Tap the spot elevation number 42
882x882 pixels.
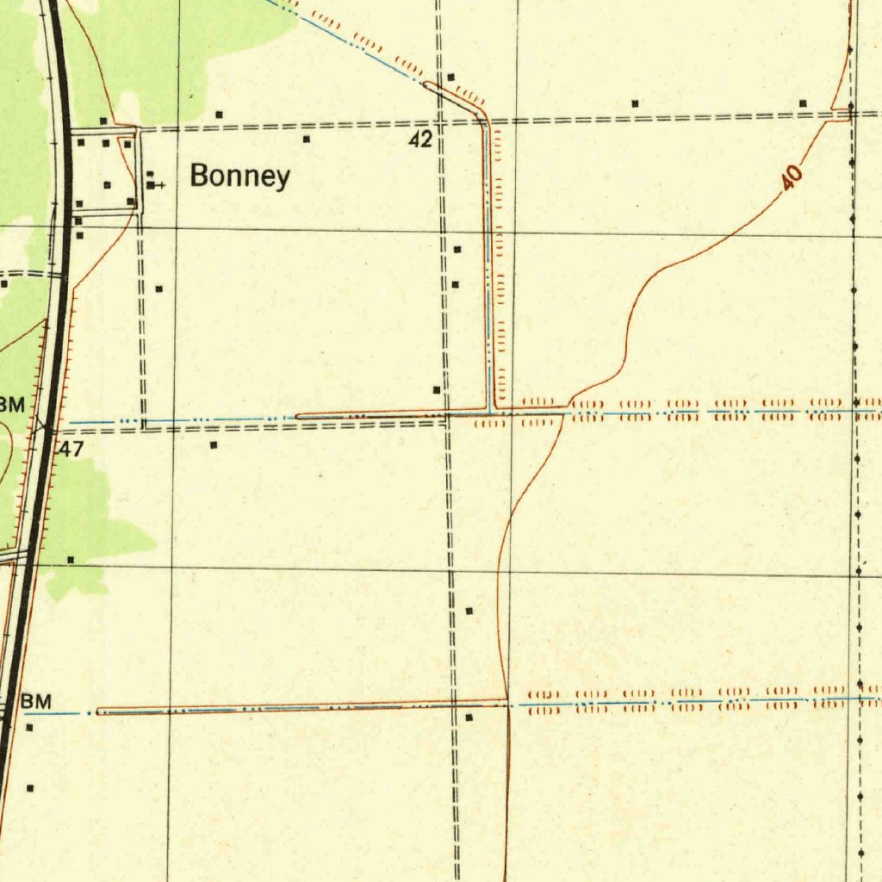click(x=420, y=140)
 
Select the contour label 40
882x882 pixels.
click(x=792, y=177)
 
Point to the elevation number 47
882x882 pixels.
click(x=71, y=449)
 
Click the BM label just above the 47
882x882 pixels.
click(x=12, y=404)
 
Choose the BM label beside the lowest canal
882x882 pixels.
click(x=36, y=702)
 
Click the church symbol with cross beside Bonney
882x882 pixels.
click(x=152, y=184)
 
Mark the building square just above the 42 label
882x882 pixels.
click(x=450, y=77)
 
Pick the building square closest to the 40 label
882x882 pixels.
click(x=803, y=103)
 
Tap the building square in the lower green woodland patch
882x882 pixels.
click(x=71, y=560)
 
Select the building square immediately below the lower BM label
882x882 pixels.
click(x=29, y=728)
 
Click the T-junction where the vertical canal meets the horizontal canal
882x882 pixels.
click(x=491, y=410)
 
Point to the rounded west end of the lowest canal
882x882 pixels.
click(x=100, y=711)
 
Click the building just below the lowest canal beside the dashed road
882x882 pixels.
click(x=469, y=717)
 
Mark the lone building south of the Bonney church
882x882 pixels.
click(x=158, y=289)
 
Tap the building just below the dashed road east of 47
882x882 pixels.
click(x=214, y=445)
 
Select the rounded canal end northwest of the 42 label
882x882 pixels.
click(x=426, y=84)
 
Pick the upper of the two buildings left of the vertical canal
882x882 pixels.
click(x=457, y=250)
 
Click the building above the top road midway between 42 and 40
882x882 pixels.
click(x=636, y=103)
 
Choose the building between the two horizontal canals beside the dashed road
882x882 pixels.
click(x=469, y=611)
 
